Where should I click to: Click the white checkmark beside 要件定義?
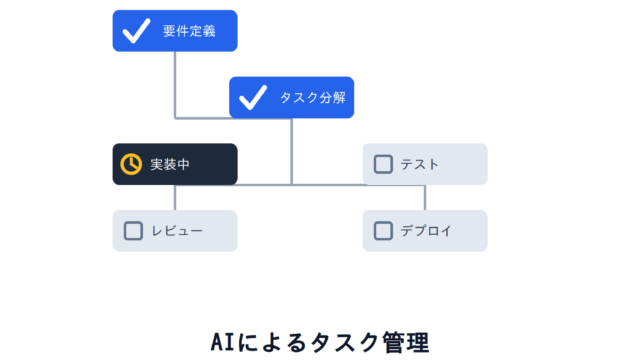click(136, 31)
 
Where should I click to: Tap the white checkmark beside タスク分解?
click(253, 98)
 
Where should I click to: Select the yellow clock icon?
click(131, 164)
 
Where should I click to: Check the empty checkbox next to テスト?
click(383, 164)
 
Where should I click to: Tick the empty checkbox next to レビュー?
click(133, 231)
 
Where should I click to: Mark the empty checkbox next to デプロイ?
click(383, 231)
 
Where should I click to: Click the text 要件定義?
click(189, 31)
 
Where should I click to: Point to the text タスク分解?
click(313, 98)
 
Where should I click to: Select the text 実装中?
click(170, 164)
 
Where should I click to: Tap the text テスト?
click(420, 164)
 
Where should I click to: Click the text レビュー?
click(177, 231)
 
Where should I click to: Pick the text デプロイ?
click(426, 231)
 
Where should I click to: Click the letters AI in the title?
click(223, 342)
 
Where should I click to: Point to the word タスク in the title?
click(344, 342)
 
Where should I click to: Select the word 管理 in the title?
click(406, 342)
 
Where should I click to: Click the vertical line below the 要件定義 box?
click(175, 85)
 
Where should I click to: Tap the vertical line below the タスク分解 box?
click(291, 151)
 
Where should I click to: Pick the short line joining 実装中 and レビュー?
click(175, 198)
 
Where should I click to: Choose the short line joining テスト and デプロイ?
click(425, 198)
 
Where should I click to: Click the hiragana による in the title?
click(272, 342)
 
